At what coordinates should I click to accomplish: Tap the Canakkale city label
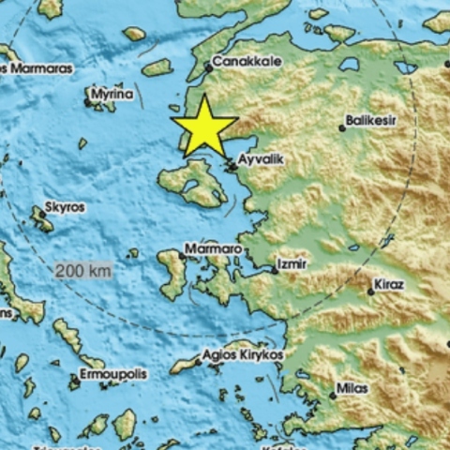[245, 63]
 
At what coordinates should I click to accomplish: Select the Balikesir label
[371, 120]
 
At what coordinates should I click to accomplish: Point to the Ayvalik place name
[259, 160]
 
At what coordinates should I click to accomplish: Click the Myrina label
[112, 95]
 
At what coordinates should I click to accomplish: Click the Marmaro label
[213, 248]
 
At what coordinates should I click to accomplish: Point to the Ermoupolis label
[113, 374]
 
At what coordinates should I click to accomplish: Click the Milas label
[352, 386]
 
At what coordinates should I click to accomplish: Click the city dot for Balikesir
[342, 128]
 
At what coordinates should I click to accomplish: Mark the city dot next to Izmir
[274, 271]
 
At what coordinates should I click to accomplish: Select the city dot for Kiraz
[371, 292]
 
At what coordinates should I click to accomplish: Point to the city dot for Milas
[333, 395]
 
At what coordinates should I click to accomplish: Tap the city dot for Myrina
[87, 102]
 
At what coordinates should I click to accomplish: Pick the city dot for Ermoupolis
[74, 380]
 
